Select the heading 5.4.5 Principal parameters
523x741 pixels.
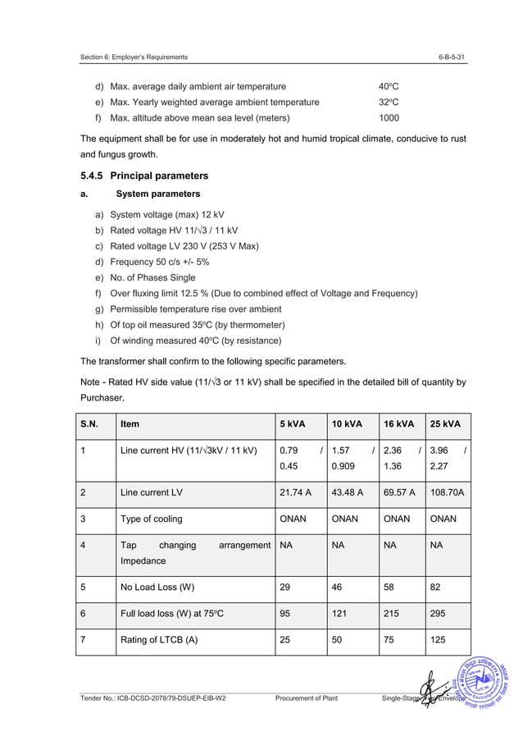coord(144,176)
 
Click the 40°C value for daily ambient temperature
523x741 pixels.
coord(388,86)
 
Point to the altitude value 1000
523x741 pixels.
coord(389,117)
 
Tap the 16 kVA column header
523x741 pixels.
coord(399,424)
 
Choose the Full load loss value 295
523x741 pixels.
coord(439,613)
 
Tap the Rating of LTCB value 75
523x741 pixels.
coord(390,639)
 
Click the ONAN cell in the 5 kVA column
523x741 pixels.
coord(293,519)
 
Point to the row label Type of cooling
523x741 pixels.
coord(151,519)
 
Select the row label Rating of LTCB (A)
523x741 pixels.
coord(158,639)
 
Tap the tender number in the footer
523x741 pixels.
coord(152,698)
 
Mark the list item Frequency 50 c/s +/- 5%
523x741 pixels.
coord(159,262)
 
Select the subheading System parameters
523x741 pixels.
coord(158,194)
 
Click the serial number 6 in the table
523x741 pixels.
coord(84,613)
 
